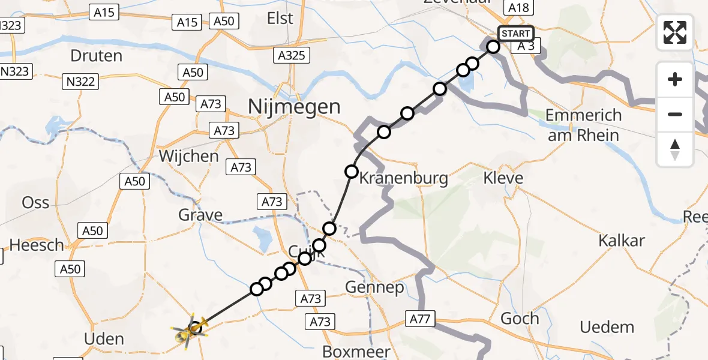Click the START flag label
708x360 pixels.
pyautogui.click(x=515, y=34)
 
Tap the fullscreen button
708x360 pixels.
pyautogui.click(x=675, y=32)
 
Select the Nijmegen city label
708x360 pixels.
pyautogui.click(x=294, y=107)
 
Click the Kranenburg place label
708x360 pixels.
pyautogui.click(x=403, y=178)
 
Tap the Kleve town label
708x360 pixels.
pyautogui.click(x=503, y=178)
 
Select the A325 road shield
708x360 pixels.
pyautogui.click(x=292, y=56)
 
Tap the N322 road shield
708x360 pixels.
pyautogui.click(x=81, y=81)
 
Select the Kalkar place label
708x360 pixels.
pyautogui.click(x=621, y=241)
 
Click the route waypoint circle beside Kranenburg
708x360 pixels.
pyautogui.click(x=352, y=172)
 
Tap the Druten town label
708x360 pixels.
pyautogui.click(x=96, y=56)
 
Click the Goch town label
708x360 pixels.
pyautogui.click(x=520, y=319)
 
